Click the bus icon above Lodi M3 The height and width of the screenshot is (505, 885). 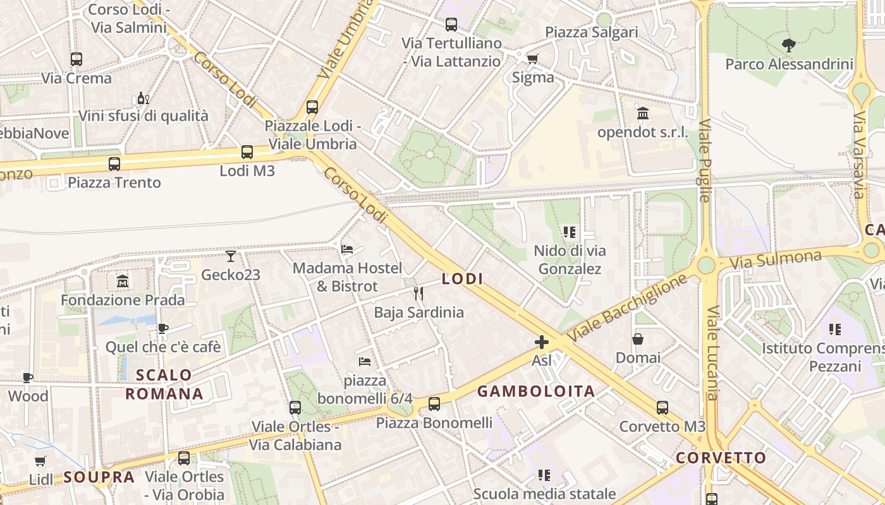(x=247, y=152)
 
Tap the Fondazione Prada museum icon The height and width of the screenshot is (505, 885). (x=123, y=281)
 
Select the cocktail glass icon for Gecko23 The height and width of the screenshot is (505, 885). (x=231, y=256)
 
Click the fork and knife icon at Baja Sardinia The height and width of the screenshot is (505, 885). (x=418, y=294)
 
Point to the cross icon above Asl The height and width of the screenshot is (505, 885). (x=542, y=342)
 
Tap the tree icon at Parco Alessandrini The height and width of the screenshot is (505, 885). (x=788, y=45)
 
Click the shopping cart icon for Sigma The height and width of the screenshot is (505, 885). (x=532, y=59)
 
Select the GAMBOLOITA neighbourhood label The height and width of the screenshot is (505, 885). (x=536, y=391)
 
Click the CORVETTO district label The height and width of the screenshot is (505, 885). (x=721, y=458)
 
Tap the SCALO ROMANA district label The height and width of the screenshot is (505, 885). (x=164, y=384)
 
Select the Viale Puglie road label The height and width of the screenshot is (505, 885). (x=705, y=160)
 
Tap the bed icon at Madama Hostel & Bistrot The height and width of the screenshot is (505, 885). (x=347, y=249)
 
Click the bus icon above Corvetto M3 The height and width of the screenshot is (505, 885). (x=662, y=408)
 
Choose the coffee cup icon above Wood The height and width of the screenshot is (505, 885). (x=28, y=378)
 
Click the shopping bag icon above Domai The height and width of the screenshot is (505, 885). (x=638, y=339)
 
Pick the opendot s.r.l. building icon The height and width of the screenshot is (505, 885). (x=643, y=114)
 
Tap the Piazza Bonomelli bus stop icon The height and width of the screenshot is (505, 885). (x=434, y=404)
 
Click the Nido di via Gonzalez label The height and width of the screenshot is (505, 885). (x=570, y=259)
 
